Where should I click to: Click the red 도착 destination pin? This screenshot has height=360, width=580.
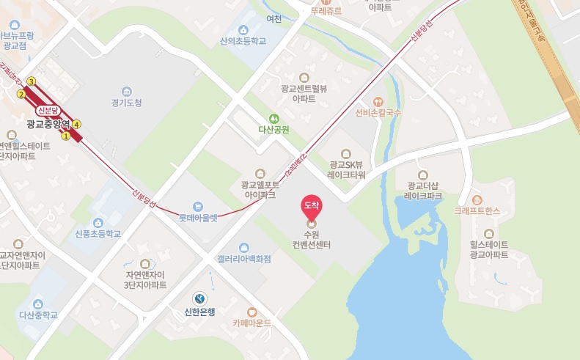[x=312, y=207]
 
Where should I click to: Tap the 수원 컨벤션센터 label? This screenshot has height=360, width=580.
[x=312, y=239]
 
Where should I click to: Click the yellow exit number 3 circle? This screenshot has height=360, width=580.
[x=31, y=81]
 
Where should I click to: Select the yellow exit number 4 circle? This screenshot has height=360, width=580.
[x=77, y=124]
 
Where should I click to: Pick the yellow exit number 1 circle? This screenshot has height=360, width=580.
[x=65, y=136]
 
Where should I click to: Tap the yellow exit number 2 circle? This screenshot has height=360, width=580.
[x=21, y=94]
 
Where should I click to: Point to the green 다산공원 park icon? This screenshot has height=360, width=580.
[x=273, y=117]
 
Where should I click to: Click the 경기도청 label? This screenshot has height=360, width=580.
[x=127, y=103]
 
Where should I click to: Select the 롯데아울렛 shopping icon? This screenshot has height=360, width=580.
[x=198, y=207]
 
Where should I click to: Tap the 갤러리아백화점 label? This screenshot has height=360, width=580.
[x=243, y=259]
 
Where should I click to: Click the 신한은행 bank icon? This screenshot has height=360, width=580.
[x=199, y=298]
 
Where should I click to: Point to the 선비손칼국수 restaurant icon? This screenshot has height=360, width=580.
[x=378, y=102]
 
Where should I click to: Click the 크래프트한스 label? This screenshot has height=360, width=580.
[x=477, y=210]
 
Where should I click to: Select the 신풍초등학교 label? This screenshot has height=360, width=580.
[x=98, y=234]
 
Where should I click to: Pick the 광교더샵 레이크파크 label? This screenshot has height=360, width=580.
[x=423, y=191]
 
